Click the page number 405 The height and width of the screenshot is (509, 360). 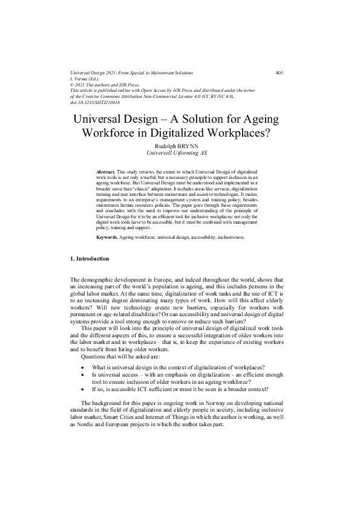[x=279, y=73]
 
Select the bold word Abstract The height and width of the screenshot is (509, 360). [x=106, y=172]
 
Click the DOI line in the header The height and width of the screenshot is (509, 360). [x=95, y=103]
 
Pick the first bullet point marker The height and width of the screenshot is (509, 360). [x=82, y=368]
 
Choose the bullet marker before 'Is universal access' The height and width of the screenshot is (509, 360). [x=82, y=375]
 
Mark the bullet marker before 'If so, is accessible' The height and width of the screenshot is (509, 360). [x=82, y=390]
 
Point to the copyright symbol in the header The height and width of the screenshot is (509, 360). [x=73, y=85]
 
